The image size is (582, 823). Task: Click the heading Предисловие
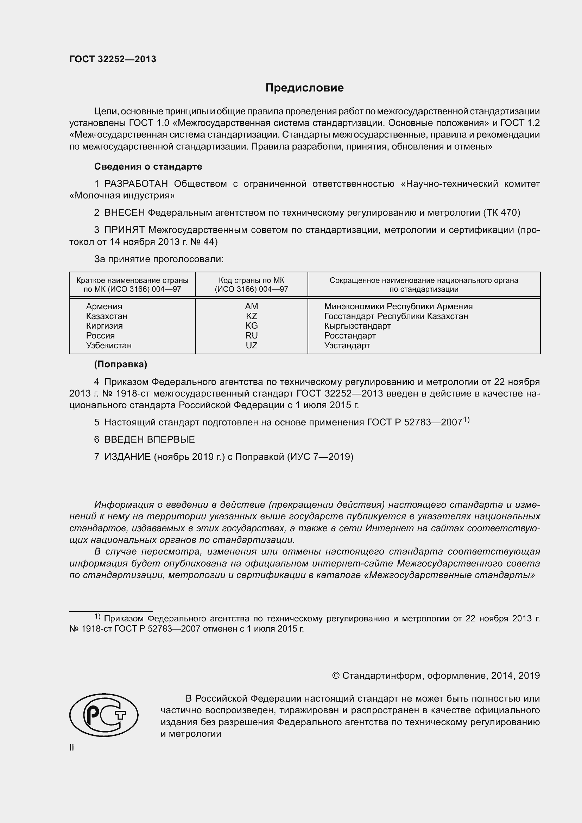click(x=304, y=88)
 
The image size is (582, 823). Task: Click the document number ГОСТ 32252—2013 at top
click(x=113, y=59)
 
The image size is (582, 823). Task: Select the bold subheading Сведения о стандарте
click(x=148, y=167)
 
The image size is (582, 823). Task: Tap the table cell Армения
click(x=104, y=306)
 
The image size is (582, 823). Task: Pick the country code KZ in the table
click(x=251, y=316)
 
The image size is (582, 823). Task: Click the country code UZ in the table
click(x=251, y=346)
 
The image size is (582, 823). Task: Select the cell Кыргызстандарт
click(x=357, y=326)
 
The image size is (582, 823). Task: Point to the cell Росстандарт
click(x=350, y=336)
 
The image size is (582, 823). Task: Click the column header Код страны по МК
click(x=251, y=281)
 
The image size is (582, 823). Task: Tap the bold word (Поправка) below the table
click(x=120, y=365)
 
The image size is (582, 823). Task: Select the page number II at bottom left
click(x=72, y=748)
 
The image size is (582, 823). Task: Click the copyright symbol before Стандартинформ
click(x=336, y=676)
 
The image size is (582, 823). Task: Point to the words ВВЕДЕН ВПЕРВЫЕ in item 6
click(x=150, y=439)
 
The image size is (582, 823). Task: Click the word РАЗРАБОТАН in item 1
click(x=136, y=184)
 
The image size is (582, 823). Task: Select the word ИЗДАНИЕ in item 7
click(x=128, y=457)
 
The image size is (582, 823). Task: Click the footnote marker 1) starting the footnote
click(x=97, y=616)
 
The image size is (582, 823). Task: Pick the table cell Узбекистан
click(x=109, y=346)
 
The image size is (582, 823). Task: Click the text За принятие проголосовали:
click(x=159, y=259)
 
